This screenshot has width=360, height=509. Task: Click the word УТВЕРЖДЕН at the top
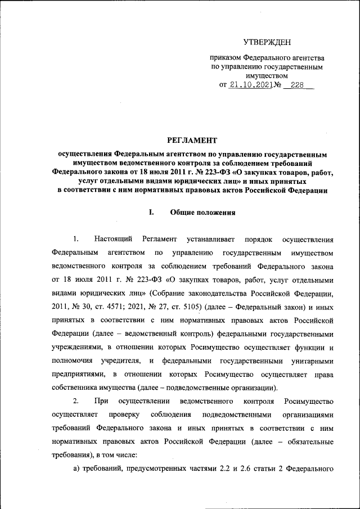[267, 42]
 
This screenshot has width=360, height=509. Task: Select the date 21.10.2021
[250, 85]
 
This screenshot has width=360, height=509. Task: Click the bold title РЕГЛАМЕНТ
[192, 139]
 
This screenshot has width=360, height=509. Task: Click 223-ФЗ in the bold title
[219, 173]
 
